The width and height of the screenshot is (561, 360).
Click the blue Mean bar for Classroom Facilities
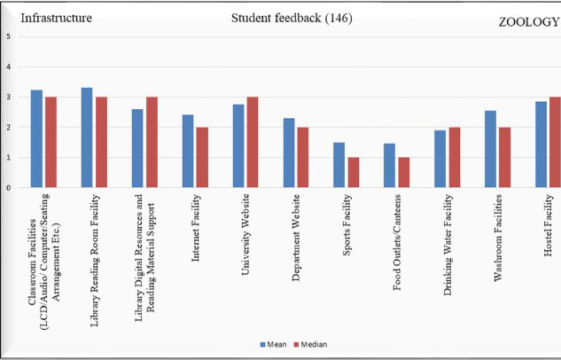coord(36,139)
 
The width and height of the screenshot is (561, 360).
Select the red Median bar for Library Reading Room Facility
coord(101,143)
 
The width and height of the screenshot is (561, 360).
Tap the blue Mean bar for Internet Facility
coord(188,152)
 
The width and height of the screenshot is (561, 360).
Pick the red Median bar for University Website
coord(253,143)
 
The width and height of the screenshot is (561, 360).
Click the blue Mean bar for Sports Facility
coord(339,165)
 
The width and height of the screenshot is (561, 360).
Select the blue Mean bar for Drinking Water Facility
coord(440,160)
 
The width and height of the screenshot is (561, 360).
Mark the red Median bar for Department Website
coord(303,158)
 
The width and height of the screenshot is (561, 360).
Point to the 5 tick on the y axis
coord(8,36)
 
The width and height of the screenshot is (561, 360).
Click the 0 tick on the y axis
coord(8,188)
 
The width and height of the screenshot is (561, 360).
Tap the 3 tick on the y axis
coord(8,98)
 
